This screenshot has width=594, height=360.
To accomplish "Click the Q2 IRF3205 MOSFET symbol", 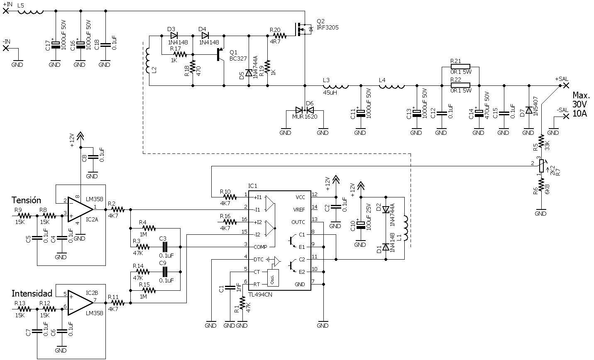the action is click(x=303, y=29).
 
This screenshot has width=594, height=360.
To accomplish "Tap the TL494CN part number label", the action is click(x=260, y=294).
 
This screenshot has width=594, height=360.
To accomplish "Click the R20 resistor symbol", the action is click(x=280, y=36).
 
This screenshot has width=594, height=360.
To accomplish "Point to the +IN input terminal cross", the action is click(x=6, y=11).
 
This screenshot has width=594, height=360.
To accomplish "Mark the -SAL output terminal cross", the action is click(x=566, y=116).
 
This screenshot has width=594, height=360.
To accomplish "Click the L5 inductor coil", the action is click(x=30, y=11).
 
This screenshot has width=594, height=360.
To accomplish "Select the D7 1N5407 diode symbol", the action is click(x=529, y=110).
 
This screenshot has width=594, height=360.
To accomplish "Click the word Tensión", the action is click(x=26, y=200).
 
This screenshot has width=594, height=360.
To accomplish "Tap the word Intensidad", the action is click(x=32, y=294).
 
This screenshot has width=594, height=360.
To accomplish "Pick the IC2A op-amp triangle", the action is click(x=81, y=209).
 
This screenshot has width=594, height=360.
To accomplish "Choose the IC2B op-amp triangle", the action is click(x=81, y=303).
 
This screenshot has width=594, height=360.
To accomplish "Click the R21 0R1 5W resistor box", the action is click(x=460, y=66).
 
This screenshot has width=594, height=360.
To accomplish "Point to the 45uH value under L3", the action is click(x=330, y=93).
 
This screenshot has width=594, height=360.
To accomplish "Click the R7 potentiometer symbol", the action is click(x=542, y=166).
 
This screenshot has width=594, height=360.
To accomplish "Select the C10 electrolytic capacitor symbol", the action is click(x=361, y=225).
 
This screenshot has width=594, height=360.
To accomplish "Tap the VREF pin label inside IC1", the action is click(x=299, y=210).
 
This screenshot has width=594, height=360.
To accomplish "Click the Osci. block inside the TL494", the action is click(x=273, y=278).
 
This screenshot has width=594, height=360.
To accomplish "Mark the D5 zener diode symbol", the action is click(x=249, y=73).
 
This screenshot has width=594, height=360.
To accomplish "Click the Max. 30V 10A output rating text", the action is click(x=581, y=104).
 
